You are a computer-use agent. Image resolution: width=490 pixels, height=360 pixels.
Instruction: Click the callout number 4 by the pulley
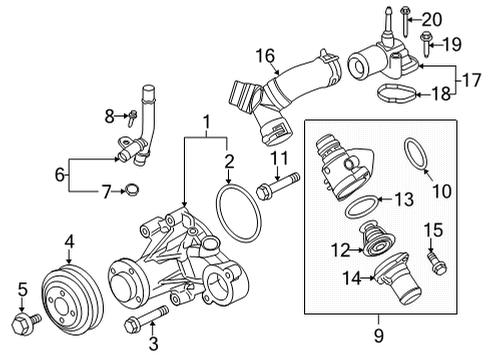69,240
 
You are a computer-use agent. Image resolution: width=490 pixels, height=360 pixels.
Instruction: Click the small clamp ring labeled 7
135,191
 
